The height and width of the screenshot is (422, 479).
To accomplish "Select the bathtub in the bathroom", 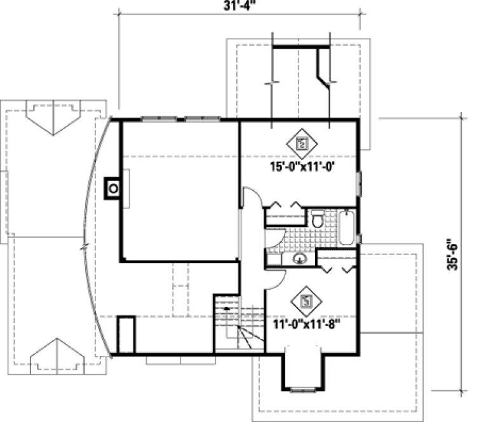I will click(347, 228).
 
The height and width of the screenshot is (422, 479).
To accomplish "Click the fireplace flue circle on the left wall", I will click(113, 189).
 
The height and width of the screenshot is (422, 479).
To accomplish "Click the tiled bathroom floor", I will click(299, 238).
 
